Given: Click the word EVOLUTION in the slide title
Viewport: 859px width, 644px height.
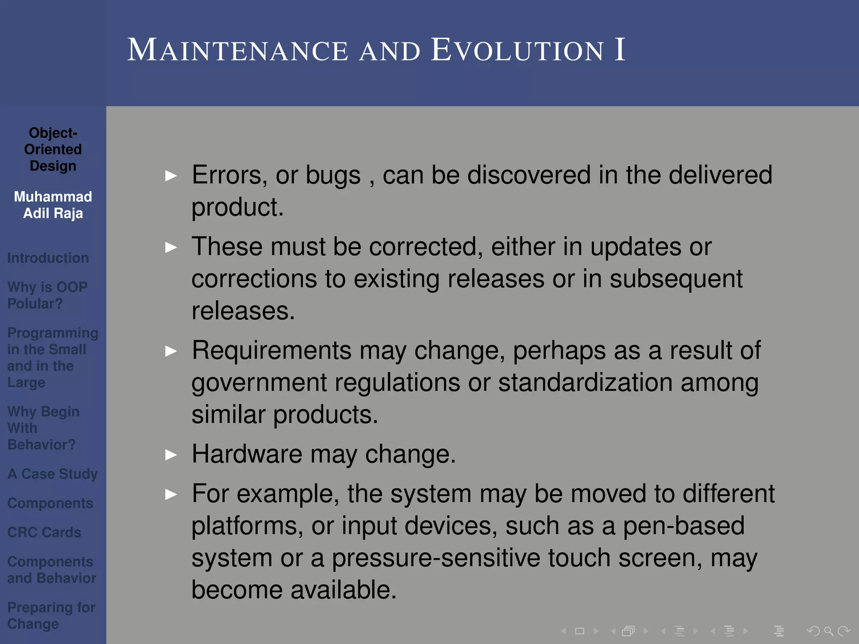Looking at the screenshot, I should pos(518,50).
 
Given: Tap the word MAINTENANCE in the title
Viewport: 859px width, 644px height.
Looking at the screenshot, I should pos(237,50).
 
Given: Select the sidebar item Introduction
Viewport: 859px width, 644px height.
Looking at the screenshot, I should pos(48,258).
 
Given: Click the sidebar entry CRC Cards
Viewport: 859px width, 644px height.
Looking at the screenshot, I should pos(44,532).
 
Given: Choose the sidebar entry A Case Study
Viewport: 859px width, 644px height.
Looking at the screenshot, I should pos(52,474).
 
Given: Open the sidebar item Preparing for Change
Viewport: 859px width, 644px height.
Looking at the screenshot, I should pos(51,615).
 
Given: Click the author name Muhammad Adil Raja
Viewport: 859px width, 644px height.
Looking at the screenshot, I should pos(53,205).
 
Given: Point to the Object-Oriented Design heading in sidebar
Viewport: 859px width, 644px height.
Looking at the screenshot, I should pos(53,149).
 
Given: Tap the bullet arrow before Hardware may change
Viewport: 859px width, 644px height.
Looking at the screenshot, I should pos(171,454).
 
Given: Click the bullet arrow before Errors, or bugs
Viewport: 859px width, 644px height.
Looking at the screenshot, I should pos(171,176).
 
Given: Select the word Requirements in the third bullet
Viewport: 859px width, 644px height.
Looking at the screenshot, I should pos(271,350).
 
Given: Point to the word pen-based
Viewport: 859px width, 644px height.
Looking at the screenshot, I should pos(683,526).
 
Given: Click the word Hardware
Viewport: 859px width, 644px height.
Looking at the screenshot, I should pos(247,454).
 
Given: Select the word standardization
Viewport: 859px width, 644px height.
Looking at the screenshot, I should pos(585,382).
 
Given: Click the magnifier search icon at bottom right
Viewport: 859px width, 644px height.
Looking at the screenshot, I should pos(828,631).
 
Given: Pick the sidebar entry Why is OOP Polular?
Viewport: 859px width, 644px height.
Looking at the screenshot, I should pos(47,295).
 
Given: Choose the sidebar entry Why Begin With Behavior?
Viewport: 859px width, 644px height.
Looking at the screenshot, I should pos(43,428).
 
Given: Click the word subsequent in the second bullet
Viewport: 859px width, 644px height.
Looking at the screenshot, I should pos(676,279).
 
